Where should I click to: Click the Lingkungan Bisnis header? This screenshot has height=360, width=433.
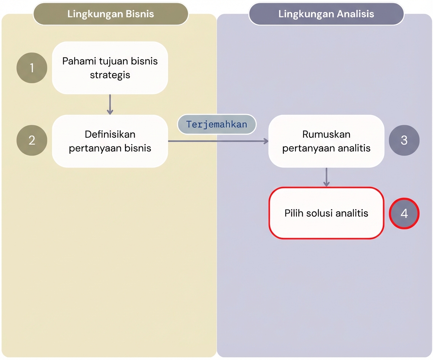tap(111, 14)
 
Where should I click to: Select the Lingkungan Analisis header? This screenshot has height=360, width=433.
tap(326, 14)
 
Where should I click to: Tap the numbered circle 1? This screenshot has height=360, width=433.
tap(32, 68)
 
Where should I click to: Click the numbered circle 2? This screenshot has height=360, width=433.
tap(32, 140)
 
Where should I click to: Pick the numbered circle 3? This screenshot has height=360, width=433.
tap(404, 140)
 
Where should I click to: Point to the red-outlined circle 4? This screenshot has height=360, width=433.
tap(404, 214)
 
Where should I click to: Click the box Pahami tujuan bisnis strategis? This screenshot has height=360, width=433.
tap(110, 68)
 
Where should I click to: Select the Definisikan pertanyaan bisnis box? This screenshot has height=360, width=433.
tap(110, 141)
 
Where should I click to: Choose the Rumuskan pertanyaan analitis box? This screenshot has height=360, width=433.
tap(326, 141)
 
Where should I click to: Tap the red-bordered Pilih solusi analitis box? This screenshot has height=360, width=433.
tap(326, 213)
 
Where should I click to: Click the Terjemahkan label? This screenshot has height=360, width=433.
tap(216, 124)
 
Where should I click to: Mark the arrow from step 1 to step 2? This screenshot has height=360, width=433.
tap(110, 104)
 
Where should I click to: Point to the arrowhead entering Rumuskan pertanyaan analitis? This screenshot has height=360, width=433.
tap(266, 141)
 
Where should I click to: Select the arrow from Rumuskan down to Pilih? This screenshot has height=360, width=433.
tap(326, 177)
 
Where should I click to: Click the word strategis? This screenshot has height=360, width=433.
tap(110, 75)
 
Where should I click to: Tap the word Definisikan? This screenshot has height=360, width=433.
tap(110, 134)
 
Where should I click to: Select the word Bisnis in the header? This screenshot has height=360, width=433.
tap(140, 14)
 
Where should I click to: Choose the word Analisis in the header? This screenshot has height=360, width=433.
tap(355, 14)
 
